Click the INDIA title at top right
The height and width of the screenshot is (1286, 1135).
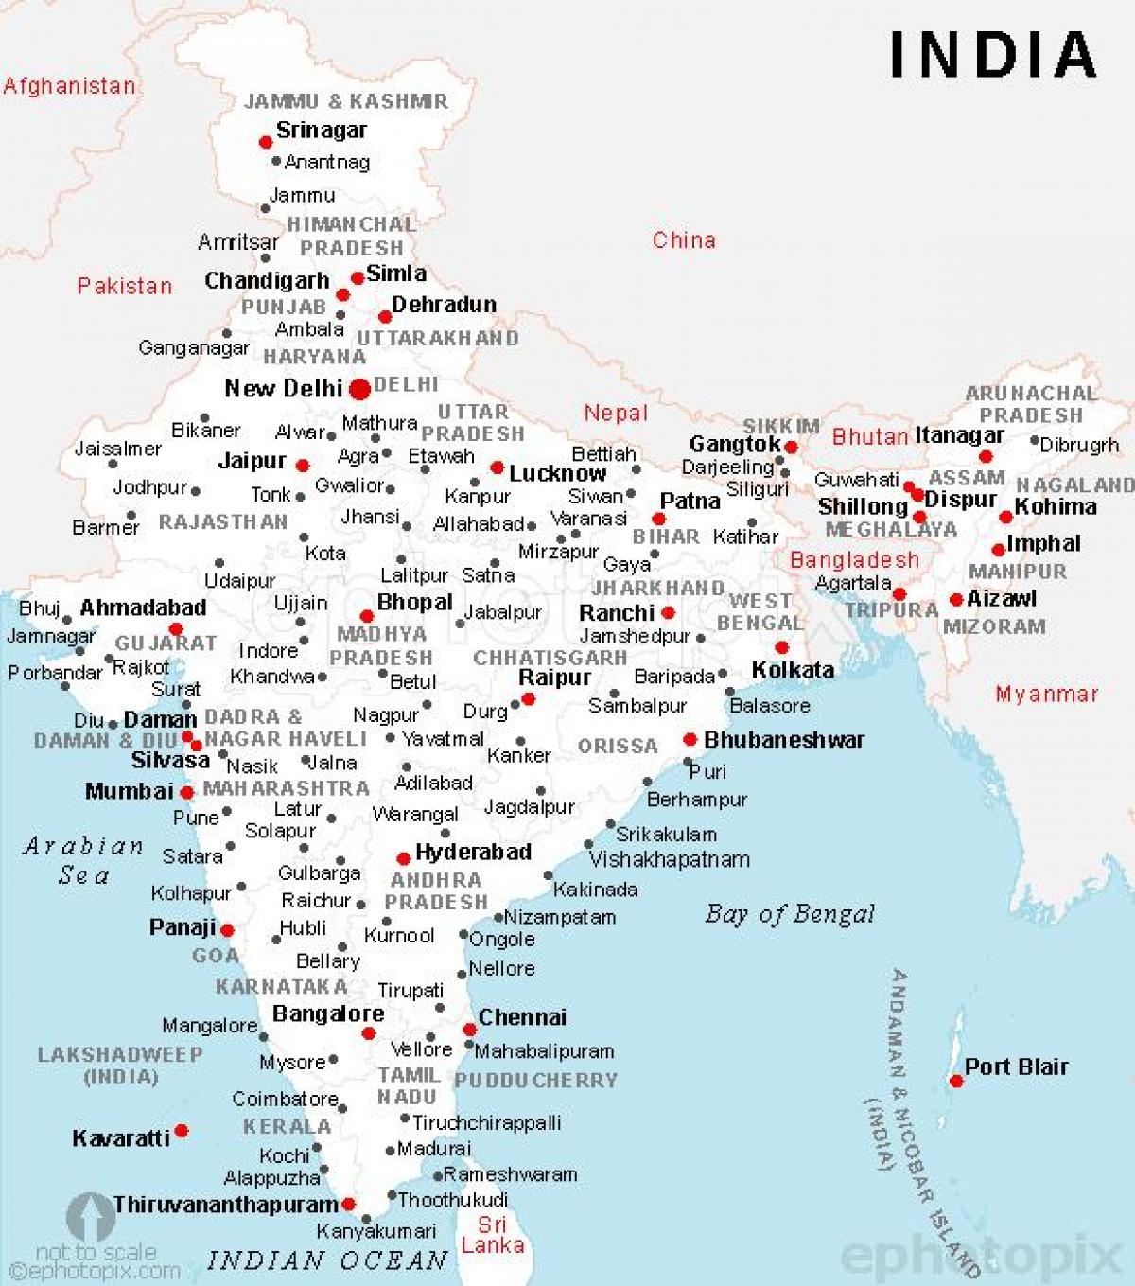993,55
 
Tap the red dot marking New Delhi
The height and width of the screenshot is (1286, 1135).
359,389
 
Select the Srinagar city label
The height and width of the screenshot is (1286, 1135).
321,131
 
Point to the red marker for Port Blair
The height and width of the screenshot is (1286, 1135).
955,1081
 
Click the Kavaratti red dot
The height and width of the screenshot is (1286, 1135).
181,1131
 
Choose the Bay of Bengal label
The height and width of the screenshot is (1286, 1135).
790,914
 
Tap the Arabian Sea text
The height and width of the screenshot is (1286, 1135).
83,860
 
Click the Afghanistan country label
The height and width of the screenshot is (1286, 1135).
69,86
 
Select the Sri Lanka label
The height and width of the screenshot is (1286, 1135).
493,1235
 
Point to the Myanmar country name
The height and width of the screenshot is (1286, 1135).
1047,695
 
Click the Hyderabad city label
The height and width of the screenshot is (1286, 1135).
473,852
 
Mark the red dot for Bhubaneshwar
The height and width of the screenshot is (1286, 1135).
690,739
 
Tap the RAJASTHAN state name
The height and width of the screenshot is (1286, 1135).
222,521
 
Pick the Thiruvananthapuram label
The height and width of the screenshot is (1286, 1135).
226,1205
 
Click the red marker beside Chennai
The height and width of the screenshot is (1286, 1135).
469,1030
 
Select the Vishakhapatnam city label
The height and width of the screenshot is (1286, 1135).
670,859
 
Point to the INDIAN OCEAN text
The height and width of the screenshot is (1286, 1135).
327,1260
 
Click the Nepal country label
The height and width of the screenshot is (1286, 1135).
616,413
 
